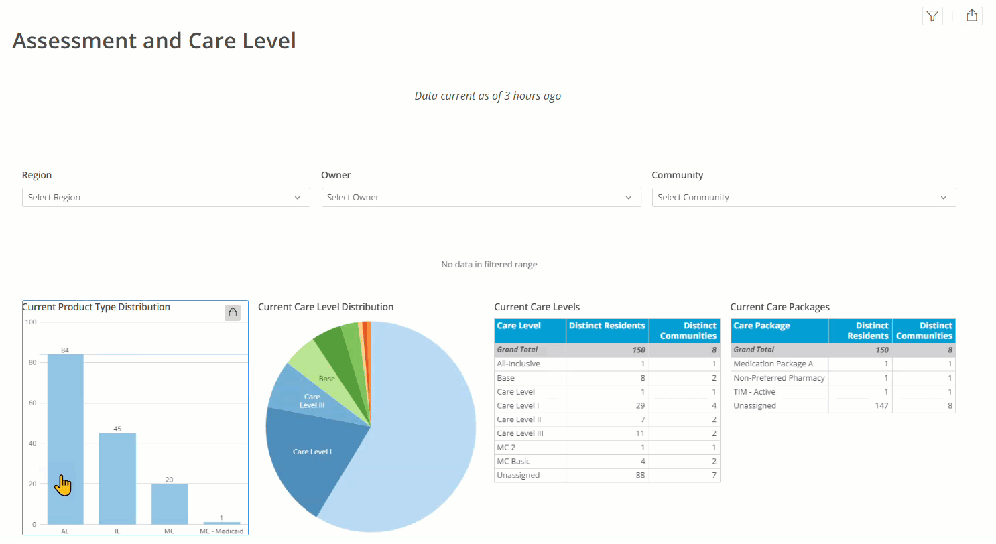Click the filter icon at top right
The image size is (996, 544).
click(x=932, y=17)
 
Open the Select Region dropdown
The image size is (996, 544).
click(x=166, y=198)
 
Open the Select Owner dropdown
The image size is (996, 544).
click(x=481, y=198)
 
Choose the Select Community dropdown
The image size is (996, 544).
click(x=804, y=198)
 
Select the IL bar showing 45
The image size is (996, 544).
click(x=117, y=478)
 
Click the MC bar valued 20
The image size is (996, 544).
click(x=170, y=504)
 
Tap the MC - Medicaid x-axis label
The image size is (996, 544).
click(x=221, y=531)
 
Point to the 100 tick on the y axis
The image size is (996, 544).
click(x=31, y=322)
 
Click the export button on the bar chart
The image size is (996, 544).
click(x=233, y=312)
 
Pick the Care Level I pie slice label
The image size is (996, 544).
click(x=312, y=452)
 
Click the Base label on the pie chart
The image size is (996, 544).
click(x=327, y=379)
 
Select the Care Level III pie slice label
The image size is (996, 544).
click(x=312, y=401)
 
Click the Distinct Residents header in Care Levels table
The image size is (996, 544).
click(x=607, y=326)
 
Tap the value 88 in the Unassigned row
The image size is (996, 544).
click(x=640, y=475)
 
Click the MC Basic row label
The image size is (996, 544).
click(x=513, y=462)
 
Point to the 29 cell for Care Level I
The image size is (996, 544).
click(x=640, y=406)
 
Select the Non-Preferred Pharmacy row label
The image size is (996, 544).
click(x=779, y=378)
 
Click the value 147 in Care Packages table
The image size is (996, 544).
click(x=882, y=406)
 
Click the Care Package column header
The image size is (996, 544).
click(x=761, y=326)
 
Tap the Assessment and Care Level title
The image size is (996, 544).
click(x=154, y=40)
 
